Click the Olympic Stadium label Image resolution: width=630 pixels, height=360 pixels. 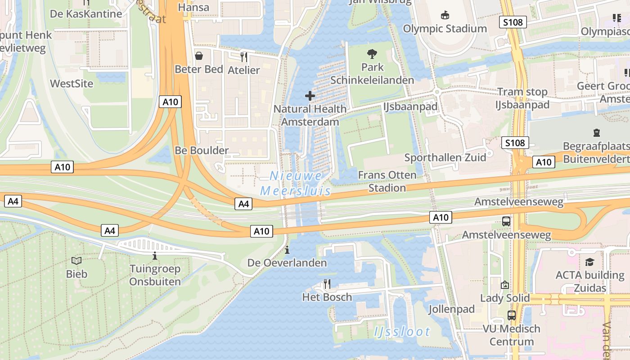(445, 29)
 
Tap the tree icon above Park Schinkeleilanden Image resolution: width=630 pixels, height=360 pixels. (372, 54)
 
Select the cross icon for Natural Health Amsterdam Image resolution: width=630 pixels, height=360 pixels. (310, 96)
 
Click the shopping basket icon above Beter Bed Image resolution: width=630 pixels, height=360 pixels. (198, 56)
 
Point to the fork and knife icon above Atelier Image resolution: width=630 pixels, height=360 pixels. (243, 57)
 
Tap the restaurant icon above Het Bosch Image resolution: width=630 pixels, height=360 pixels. (327, 283)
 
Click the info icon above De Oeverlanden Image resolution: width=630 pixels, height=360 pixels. (287, 250)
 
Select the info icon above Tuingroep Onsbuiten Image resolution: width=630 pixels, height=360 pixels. (155, 256)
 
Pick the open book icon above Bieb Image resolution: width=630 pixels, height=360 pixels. (76, 261)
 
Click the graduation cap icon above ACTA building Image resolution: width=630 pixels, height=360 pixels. (589, 262)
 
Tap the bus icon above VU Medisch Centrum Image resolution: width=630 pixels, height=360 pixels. (511, 315)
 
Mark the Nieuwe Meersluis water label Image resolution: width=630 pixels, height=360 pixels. (296, 183)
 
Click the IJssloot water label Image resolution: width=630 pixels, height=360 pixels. (402, 332)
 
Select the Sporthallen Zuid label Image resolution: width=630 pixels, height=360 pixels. (445, 157)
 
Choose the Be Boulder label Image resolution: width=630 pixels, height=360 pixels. (202, 150)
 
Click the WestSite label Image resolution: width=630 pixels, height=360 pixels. (72, 84)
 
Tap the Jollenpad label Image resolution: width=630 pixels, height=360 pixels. (451, 309)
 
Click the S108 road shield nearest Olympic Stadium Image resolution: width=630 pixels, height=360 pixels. (513, 22)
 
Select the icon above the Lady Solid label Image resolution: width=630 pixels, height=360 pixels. (504, 285)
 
